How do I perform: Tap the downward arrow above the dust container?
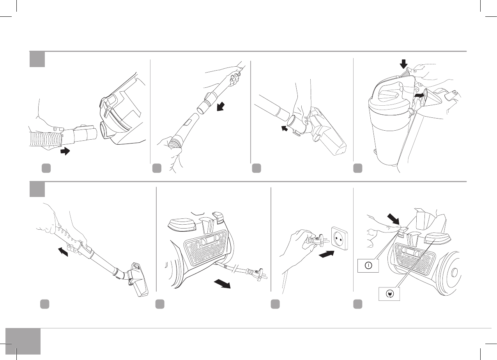tap(404, 64)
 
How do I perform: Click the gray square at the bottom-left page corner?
tap(23, 341)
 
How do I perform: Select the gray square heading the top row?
tap(37, 59)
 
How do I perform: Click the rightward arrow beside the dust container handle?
tap(418, 95)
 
